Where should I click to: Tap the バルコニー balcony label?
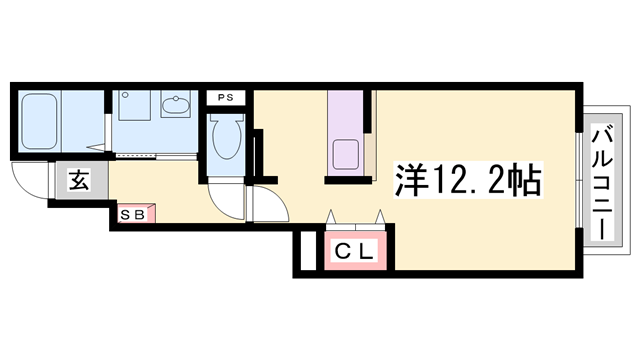603,180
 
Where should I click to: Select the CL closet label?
353,252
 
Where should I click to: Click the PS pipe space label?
226,98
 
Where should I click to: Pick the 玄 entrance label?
77,181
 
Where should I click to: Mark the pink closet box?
353,252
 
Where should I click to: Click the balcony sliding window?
582,180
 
